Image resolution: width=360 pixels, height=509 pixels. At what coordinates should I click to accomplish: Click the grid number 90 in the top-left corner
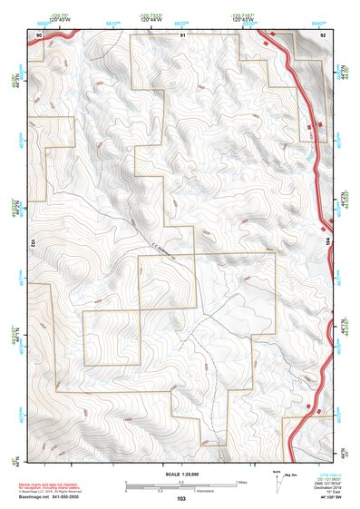click(x=39, y=34)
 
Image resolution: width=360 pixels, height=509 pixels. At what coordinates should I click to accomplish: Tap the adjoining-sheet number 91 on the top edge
click(x=182, y=34)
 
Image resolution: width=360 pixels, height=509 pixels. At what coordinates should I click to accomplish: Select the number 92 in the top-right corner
click(x=323, y=34)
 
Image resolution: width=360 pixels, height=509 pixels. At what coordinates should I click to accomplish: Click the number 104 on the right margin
click(x=328, y=244)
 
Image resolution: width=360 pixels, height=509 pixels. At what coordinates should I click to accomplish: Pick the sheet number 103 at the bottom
click(x=181, y=499)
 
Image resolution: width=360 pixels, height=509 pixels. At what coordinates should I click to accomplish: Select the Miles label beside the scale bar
click(x=241, y=481)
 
